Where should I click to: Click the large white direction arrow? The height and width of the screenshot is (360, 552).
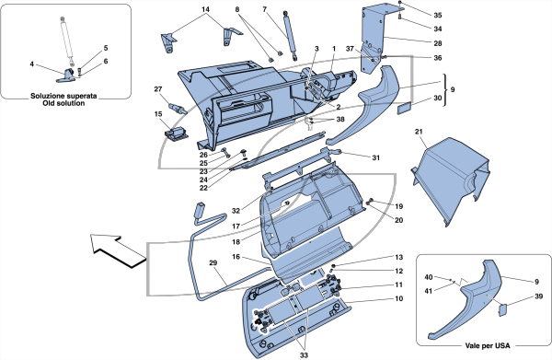tap(116, 250)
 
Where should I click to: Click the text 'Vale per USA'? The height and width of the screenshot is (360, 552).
tap(488, 346)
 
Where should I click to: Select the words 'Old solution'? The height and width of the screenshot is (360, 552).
tap(63, 103)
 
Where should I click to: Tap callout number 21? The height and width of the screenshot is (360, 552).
tap(419, 132)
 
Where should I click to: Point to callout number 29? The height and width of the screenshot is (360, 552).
tap(213, 262)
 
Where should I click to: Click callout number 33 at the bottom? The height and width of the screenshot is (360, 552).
tap(304, 355)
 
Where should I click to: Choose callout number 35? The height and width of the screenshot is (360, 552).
tap(437, 15)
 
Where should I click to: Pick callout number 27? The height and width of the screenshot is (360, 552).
tap(158, 89)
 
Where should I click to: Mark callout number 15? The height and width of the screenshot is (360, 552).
tap(158, 114)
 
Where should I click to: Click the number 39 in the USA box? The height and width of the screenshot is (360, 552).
tap(538, 296)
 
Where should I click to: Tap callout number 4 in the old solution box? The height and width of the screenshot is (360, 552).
tap(31, 64)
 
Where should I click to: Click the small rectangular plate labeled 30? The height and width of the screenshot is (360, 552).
tap(405, 108)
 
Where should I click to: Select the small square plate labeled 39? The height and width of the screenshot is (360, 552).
tap(502, 309)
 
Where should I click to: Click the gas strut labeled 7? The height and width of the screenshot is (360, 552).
tap(290, 36)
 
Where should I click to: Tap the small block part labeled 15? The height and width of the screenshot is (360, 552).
tap(176, 134)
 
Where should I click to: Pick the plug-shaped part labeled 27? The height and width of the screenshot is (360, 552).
tap(178, 107)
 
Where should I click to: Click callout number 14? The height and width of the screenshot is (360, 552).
tap(205, 9)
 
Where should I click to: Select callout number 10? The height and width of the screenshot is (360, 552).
tap(398, 298)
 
